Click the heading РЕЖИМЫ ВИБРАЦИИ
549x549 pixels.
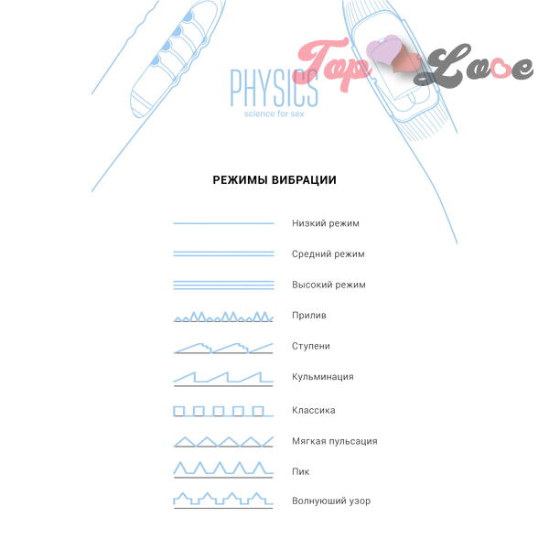click(274, 180)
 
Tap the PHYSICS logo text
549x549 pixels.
click(274, 88)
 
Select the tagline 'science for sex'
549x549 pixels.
click(274, 113)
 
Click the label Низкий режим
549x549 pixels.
click(326, 223)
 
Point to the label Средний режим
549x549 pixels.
click(328, 254)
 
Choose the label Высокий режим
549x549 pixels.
click(328, 285)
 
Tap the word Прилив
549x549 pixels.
click(309, 316)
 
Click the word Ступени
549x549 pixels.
click(311, 346)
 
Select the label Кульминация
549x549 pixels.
click(323, 377)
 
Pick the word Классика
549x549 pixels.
click(313, 410)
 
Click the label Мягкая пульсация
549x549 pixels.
click(335, 441)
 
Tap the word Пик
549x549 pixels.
click(301, 471)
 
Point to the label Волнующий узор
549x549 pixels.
click(331, 501)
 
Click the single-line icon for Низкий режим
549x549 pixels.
click(223, 223)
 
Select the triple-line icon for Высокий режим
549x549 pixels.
click(223, 285)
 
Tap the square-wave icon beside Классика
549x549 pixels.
click(223, 412)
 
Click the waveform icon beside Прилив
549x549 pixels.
click(223, 317)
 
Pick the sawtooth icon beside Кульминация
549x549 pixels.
click(223, 379)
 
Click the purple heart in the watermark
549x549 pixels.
click(384, 51)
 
